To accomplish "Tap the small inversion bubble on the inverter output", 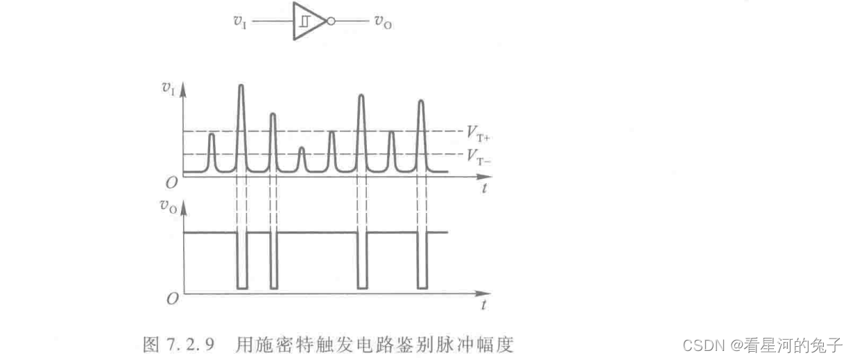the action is click(x=330, y=22).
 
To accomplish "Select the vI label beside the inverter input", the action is click(x=239, y=22).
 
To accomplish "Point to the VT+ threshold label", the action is click(x=479, y=133).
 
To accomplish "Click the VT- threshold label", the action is click(x=479, y=157).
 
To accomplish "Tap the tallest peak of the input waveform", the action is click(x=241, y=85).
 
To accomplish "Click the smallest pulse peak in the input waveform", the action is click(x=301, y=148).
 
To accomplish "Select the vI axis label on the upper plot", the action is click(x=167, y=89).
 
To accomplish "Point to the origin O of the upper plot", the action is click(x=172, y=182).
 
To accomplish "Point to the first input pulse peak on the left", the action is click(x=212, y=134).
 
